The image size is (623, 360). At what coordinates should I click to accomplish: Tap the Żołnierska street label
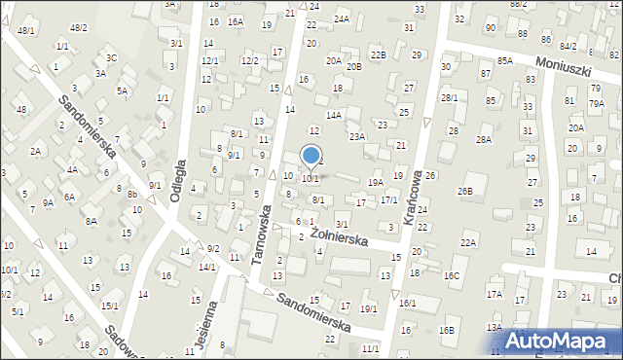coord(335,234)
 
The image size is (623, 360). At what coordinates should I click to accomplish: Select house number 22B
coord(378,54)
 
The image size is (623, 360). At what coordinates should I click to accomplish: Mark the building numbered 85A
coord(504,60)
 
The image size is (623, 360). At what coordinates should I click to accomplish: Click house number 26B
coord(465,191)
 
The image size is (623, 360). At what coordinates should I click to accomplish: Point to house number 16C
coord(452,275)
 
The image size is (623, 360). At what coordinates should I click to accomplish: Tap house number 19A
coord(375,182)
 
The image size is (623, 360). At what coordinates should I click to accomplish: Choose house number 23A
coord(357,137)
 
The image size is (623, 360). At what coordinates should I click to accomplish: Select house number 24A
coord(341,18)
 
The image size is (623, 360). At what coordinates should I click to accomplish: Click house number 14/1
coord(207,267)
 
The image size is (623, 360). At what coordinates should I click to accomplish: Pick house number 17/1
coord(388,199)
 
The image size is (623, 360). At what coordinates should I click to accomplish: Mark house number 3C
coord(112,57)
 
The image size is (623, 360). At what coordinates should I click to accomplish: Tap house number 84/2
coord(568,46)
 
